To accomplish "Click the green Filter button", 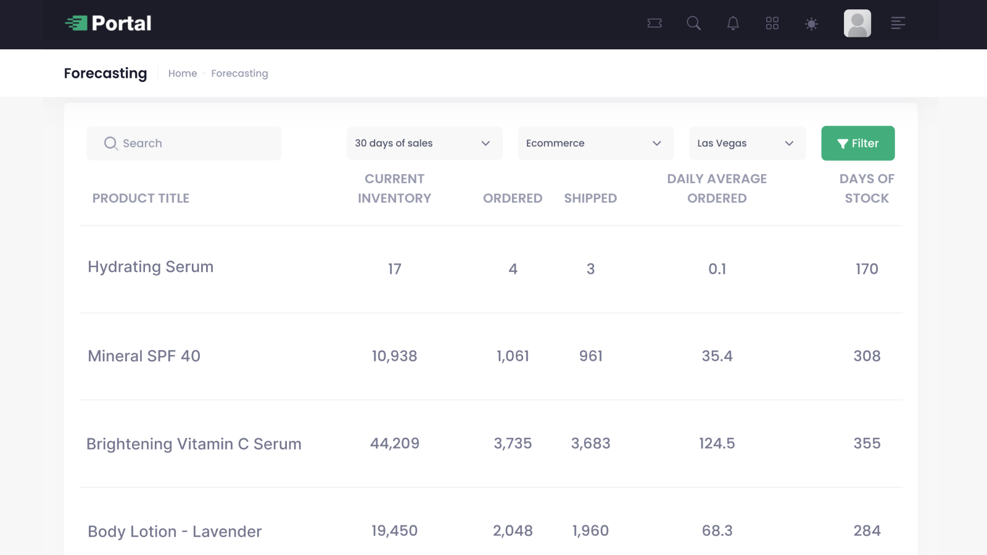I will coord(857,143).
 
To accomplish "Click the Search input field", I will coord(184,143).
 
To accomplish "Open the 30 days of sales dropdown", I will coord(424,143).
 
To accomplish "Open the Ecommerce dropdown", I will coord(595,143).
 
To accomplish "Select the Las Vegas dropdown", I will coord(747,143).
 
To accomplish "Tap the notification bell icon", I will coord(733,23).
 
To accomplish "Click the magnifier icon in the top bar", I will coord(693,23).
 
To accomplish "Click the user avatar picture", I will coord(857,23).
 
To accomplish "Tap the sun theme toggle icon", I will coord(811,23).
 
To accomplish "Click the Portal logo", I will coord(109,23).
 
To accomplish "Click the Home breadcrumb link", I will coord(183,73).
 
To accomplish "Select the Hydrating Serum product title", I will coord(151,267).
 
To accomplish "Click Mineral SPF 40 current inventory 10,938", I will coord(394,356).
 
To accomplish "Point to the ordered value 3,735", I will coord(513,443).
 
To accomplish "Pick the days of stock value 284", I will coord(867,531).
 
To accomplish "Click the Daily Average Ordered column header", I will coord(717,188).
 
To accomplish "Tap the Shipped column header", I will coord(590,198).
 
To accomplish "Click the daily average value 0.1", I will coord(717,269).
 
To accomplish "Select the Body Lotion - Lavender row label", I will coord(175,532).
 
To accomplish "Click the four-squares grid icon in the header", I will coord(772,23).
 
